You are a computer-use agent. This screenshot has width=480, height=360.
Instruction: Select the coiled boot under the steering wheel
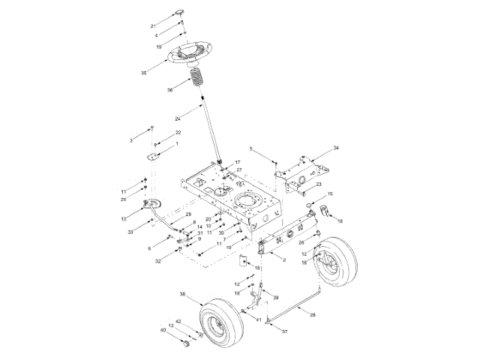[196, 79]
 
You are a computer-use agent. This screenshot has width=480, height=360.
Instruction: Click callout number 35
[143, 72]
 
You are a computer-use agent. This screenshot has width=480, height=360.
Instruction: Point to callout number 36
[170, 90]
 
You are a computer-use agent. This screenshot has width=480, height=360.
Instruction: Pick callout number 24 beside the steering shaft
[177, 118]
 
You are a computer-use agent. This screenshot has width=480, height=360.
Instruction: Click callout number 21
[153, 25]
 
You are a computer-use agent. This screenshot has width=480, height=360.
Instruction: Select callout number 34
[337, 148]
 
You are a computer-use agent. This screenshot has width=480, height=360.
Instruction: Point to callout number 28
[313, 315]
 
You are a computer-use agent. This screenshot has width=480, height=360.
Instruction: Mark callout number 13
[124, 218]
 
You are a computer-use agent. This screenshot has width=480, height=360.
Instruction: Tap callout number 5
[251, 149]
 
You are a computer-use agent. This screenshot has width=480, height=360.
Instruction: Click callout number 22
[178, 133]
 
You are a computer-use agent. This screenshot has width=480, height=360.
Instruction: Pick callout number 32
[158, 261]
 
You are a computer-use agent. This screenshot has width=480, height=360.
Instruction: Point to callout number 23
[319, 184]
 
